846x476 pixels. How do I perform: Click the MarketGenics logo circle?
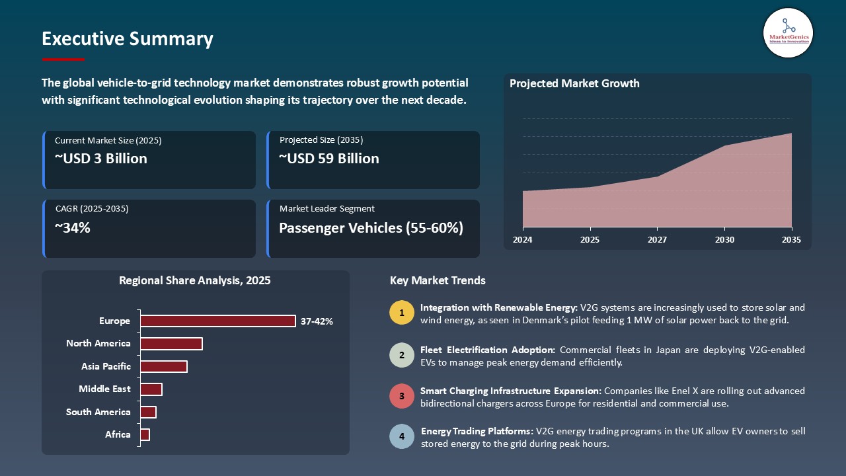point(788,32)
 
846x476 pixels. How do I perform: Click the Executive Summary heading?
point(128,39)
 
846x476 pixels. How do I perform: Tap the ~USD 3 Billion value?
point(101,159)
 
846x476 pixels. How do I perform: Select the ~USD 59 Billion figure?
point(329,159)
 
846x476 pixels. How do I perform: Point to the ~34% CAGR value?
point(73,228)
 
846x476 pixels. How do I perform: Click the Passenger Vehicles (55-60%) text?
point(371,228)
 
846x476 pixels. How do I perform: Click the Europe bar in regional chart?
point(217,321)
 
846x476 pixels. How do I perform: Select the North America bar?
point(171,344)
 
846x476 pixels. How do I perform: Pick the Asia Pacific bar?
point(163,366)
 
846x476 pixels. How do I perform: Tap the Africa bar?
point(145,434)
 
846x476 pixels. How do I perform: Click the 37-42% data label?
point(317,321)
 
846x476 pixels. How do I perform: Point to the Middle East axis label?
point(104,389)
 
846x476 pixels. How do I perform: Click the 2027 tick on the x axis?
point(657,239)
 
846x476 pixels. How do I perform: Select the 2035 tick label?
point(790,239)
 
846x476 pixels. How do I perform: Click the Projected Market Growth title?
point(574,83)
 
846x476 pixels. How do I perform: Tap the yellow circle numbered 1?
point(402,313)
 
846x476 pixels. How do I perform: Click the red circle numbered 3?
point(402,396)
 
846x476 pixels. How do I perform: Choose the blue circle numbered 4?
point(402,437)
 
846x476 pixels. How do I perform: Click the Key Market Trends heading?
point(438,280)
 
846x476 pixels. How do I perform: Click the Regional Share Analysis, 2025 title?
point(195,280)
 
